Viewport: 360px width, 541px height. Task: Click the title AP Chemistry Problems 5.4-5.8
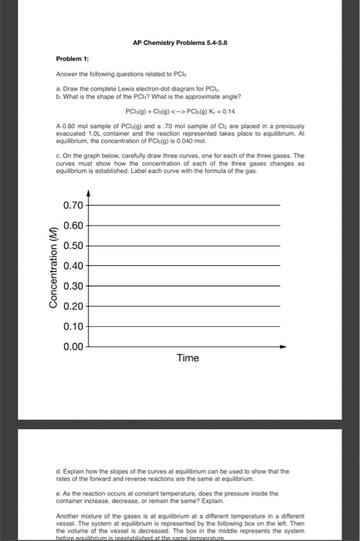point(178,43)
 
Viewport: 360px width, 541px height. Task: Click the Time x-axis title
point(188,358)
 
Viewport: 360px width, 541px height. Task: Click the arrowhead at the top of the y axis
point(90,175)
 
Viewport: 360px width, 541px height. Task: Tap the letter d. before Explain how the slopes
point(59,470)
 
